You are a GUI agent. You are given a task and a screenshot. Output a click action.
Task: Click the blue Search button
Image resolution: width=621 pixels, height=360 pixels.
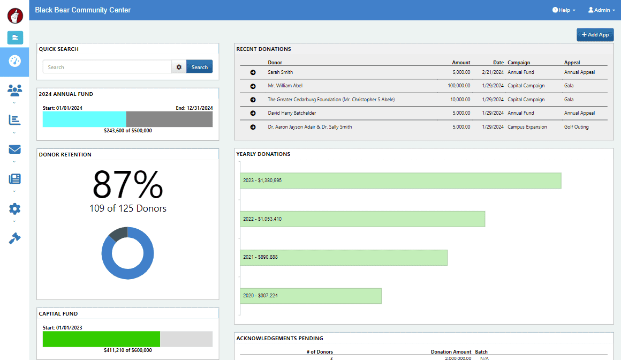pyautogui.click(x=199, y=66)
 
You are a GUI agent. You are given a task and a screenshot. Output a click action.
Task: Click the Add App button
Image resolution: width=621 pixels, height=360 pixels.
pyautogui.click(x=595, y=34)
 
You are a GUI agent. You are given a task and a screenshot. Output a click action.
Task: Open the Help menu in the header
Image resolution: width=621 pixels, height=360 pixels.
pyautogui.click(x=564, y=10)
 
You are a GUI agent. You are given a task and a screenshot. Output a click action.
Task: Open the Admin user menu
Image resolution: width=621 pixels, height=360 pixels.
pyautogui.click(x=602, y=10)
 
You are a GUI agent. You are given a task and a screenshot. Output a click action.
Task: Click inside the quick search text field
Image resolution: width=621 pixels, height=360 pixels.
pyautogui.click(x=107, y=66)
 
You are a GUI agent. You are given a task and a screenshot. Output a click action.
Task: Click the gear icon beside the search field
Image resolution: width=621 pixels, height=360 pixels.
pyautogui.click(x=179, y=66)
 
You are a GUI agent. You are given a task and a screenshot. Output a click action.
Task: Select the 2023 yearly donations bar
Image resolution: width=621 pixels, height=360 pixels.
pyautogui.click(x=400, y=181)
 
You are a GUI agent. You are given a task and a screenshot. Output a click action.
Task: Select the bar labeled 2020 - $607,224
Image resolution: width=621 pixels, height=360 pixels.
pyautogui.click(x=310, y=296)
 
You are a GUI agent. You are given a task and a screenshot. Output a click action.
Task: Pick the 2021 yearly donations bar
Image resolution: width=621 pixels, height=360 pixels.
pyautogui.click(x=344, y=257)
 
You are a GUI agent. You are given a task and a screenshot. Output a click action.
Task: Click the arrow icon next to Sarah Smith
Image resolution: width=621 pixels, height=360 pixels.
pyautogui.click(x=253, y=72)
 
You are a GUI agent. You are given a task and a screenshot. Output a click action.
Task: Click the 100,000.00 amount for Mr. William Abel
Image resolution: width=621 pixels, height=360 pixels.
pyautogui.click(x=459, y=86)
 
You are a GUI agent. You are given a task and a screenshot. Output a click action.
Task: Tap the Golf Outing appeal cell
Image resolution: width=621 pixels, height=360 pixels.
pyautogui.click(x=576, y=127)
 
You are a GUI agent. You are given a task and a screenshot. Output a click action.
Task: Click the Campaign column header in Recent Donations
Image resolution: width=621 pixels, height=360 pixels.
pyautogui.click(x=519, y=62)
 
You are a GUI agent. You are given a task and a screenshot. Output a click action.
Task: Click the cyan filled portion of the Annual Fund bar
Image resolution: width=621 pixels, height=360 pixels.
pyautogui.click(x=85, y=119)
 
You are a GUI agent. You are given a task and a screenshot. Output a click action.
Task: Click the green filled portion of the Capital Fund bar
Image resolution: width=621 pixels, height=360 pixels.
pyautogui.click(x=101, y=339)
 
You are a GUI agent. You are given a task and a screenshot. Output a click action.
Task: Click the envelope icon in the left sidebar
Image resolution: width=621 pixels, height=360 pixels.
pyautogui.click(x=14, y=149)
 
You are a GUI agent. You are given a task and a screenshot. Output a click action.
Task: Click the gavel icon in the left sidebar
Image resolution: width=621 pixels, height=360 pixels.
pyautogui.click(x=14, y=238)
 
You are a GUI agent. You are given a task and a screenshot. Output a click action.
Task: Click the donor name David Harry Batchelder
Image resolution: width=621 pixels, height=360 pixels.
pyautogui.click(x=292, y=113)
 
